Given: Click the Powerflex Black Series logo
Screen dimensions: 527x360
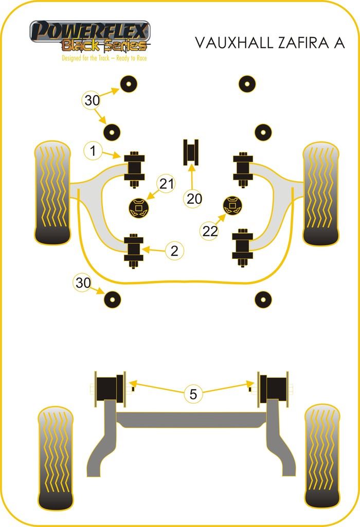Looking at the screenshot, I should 90,37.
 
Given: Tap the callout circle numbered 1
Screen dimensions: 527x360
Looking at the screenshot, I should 93,151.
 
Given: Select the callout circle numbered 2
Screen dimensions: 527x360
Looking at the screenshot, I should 174,251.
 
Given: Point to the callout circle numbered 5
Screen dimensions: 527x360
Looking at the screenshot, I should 193,394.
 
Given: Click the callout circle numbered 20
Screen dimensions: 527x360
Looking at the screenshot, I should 194,199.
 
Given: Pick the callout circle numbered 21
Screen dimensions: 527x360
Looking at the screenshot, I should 166,183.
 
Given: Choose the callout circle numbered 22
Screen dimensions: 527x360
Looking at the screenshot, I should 210,232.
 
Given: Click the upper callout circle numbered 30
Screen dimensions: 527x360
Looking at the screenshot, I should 92,101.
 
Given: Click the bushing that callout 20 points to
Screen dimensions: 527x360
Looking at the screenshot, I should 192,152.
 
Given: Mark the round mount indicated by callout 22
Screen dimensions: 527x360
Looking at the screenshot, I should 232,205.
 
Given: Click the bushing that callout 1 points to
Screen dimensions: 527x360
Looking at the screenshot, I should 134,169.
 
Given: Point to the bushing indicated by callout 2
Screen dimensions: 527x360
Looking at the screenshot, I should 134,251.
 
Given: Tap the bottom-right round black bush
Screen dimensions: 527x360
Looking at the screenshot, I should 263,299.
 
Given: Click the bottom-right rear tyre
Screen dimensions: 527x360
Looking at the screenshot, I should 321,456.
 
